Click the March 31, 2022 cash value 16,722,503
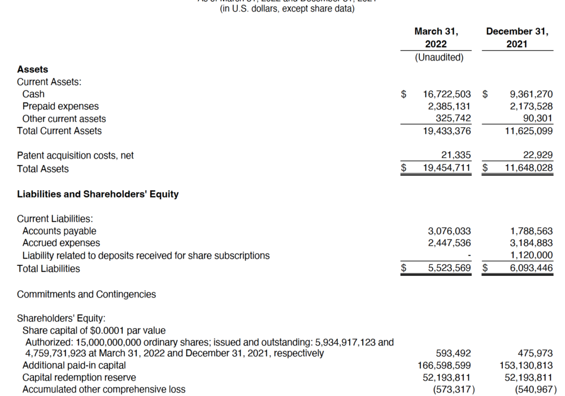447,94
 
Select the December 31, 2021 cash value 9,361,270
531,94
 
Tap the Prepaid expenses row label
60,106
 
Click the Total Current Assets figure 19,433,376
447,131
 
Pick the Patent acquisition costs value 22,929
537,156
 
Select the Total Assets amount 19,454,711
447,169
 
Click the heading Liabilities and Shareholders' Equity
98,194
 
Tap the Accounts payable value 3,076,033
449,231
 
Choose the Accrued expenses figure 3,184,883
531,243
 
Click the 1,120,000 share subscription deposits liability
531,256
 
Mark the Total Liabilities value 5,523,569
449,269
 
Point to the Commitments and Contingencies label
86,294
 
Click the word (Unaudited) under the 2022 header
439,57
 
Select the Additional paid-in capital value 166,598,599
444,365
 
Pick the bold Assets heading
33,69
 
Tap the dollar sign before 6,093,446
485,269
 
